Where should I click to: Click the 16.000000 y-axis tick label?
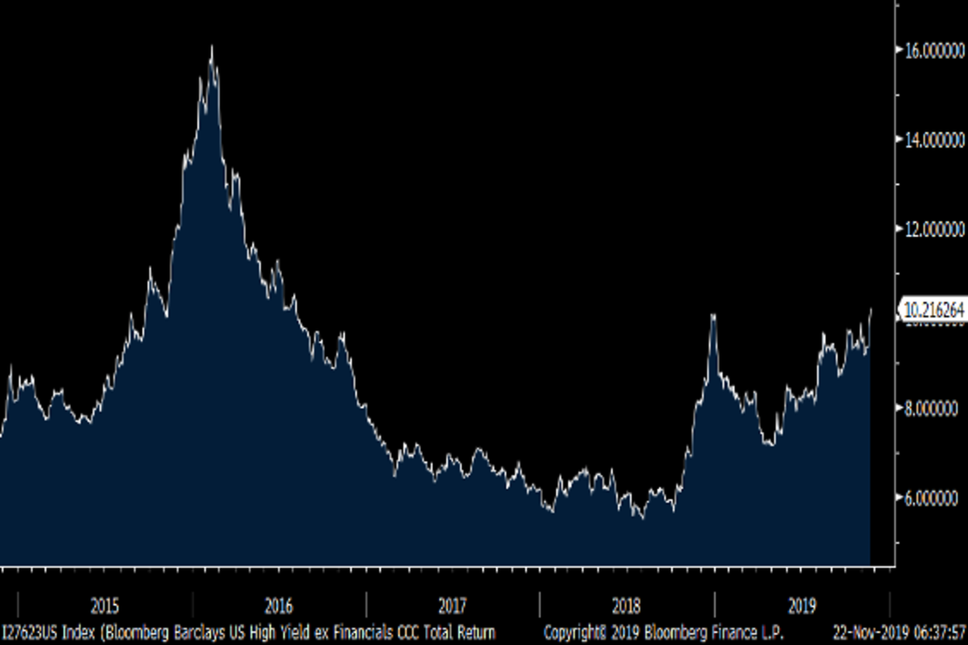933,49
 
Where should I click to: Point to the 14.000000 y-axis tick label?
933,139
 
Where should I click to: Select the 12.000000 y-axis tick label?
933,230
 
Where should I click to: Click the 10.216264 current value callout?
934,310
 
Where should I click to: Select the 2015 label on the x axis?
105,605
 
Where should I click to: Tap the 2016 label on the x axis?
278,605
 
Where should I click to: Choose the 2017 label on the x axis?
453,605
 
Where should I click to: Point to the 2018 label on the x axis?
627,605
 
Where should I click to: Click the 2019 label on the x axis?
801,605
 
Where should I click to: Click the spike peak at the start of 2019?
713,315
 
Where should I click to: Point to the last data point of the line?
871,309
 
